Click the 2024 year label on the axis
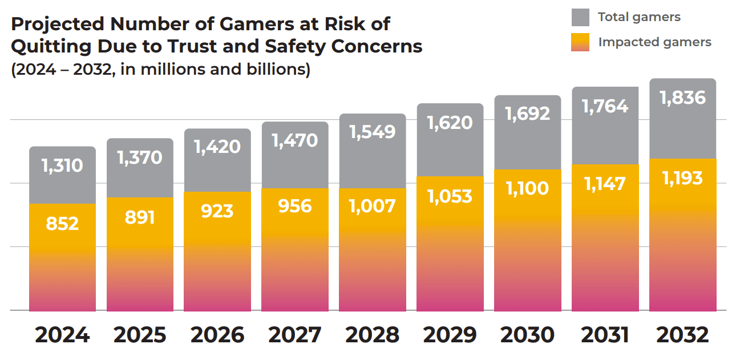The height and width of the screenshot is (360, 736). [x=62, y=335]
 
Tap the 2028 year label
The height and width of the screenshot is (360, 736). [x=372, y=335]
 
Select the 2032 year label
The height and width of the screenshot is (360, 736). [x=682, y=335]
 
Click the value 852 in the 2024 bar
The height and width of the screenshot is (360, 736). [x=62, y=223]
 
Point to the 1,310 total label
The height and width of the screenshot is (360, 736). [x=62, y=165]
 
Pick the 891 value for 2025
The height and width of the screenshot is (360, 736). [x=140, y=217]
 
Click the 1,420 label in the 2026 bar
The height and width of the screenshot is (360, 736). [x=217, y=147]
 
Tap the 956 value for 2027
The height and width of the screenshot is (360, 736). [x=295, y=205]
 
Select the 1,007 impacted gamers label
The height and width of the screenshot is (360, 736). [x=372, y=205]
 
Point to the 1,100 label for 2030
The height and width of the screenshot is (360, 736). [x=527, y=188]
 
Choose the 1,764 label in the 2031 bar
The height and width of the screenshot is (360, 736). [x=605, y=106]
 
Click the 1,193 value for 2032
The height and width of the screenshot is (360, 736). [x=682, y=178]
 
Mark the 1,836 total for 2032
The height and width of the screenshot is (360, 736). [x=682, y=98]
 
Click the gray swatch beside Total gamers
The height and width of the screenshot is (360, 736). [x=580, y=17]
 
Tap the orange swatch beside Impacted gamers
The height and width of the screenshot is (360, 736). [x=580, y=42]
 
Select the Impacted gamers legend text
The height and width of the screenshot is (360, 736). [x=654, y=42]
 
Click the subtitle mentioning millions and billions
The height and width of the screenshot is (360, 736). [x=160, y=70]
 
